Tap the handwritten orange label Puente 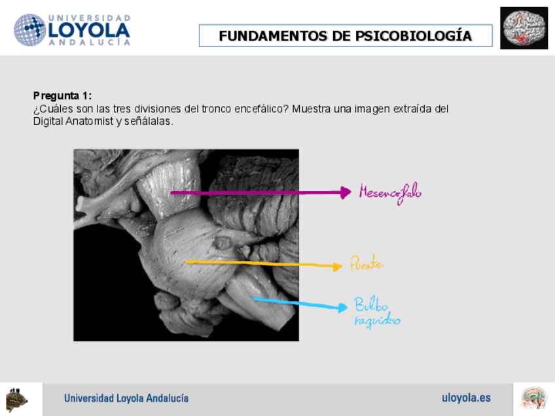click(x=366, y=264)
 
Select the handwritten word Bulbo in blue click(x=371, y=305)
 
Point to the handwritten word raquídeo click(x=377, y=321)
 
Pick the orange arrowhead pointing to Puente click(x=337, y=266)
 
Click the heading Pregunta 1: click(x=62, y=95)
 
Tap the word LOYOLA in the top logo click(x=89, y=30)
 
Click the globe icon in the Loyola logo click(x=29, y=30)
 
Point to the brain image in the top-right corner click(x=524, y=28)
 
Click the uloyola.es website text click(x=466, y=398)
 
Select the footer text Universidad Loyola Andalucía click(x=126, y=398)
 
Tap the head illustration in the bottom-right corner click(x=533, y=398)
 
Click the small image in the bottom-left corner click(x=17, y=399)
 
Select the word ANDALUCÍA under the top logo click(x=89, y=43)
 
